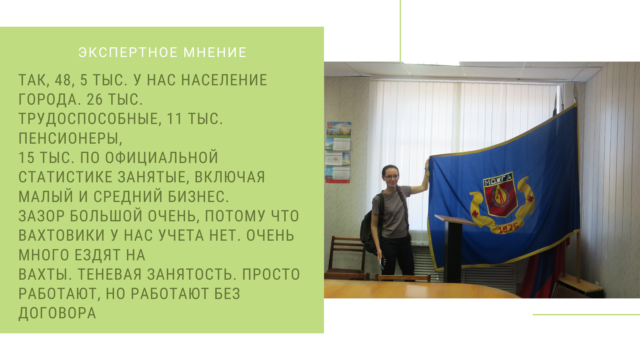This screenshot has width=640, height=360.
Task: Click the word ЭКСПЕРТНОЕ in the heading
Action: point(128,53)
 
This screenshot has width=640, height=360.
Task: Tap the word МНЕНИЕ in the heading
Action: point(215,53)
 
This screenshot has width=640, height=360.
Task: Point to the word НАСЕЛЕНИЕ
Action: point(224,80)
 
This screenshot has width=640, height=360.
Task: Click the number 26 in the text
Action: point(95,99)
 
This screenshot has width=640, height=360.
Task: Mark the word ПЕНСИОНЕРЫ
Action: point(70,139)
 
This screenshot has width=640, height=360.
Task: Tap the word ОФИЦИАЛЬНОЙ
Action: point(162,158)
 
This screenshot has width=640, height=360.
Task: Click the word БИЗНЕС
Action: point(198,197)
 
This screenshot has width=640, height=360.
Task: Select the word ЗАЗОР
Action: point(41,216)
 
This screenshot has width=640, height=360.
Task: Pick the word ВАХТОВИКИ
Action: point(62,235)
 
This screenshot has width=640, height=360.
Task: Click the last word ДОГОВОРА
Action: point(57,313)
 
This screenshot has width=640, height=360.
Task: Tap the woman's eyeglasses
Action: point(392,177)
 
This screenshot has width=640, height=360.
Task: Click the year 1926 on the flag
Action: point(508,228)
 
